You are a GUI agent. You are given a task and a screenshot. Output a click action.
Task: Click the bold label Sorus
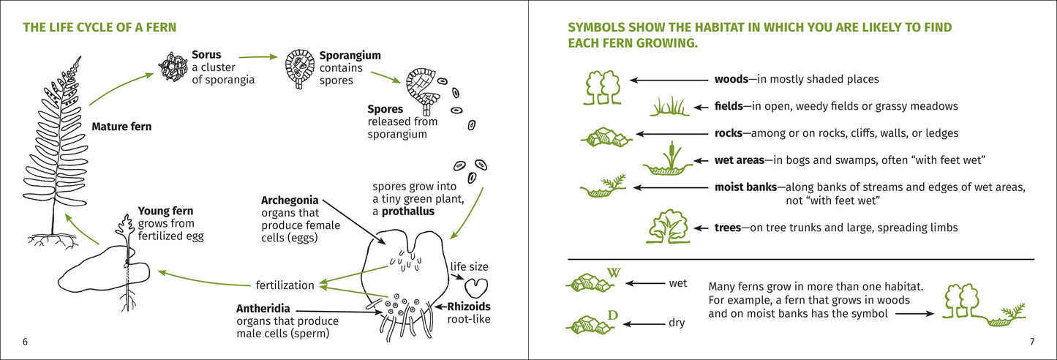click(206, 55)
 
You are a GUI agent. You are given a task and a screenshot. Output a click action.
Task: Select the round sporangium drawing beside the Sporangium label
click(300, 68)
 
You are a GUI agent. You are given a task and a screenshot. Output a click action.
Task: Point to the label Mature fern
click(121, 127)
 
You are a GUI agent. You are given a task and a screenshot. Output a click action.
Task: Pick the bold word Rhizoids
click(469, 307)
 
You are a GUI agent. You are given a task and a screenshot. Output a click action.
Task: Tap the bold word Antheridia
click(263, 309)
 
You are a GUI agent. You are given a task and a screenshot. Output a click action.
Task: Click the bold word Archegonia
click(290, 200)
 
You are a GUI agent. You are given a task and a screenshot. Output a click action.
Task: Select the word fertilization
click(285, 285)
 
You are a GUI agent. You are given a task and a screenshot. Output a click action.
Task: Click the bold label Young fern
click(165, 211)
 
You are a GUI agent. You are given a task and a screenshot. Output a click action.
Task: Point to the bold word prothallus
click(407, 211)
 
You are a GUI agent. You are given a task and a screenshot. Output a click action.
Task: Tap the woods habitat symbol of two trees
click(603, 87)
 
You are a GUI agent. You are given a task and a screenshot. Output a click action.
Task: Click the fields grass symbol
click(669, 106)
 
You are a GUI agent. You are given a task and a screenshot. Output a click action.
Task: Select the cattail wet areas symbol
click(668, 159)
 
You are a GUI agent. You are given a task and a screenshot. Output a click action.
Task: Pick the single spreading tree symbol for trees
click(669, 227)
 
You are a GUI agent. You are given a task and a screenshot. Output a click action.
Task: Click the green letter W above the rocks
click(614, 273)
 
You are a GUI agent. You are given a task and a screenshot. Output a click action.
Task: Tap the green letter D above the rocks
click(612, 315)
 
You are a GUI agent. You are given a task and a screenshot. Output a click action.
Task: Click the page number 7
click(1032, 342)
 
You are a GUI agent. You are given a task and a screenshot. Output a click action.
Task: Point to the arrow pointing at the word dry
click(644, 324)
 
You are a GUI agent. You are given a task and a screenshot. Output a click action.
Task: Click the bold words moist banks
click(745, 187)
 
